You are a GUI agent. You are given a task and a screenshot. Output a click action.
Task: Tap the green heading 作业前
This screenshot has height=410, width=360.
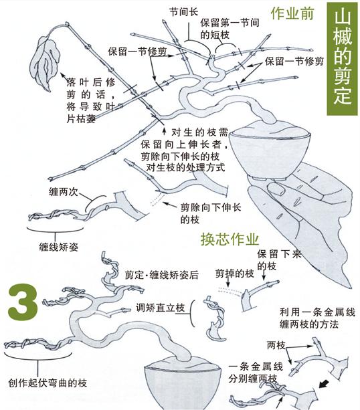pyautogui.click(x=292, y=14)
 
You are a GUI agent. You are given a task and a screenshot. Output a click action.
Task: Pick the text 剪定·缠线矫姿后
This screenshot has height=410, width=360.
pyautogui.click(x=161, y=274)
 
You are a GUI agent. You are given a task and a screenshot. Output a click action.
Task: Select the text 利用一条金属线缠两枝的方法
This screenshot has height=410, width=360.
pyautogui.click(x=314, y=318)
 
